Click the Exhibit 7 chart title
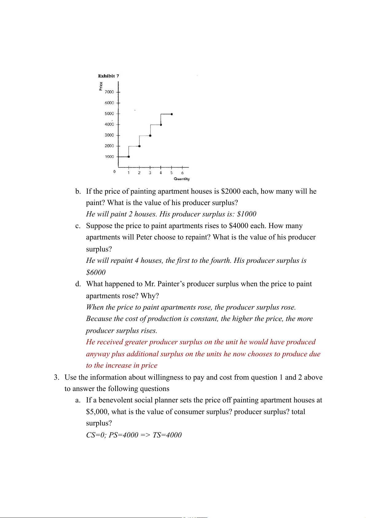(x=108, y=76)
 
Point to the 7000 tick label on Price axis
(x=109, y=92)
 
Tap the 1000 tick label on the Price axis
(x=109, y=157)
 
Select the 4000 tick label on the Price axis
(x=109, y=125)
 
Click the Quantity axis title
(x=182, y=179)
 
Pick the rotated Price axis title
(x=101, y=86)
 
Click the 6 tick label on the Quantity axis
(x=182, y=173)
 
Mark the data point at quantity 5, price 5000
(x=171, y=114)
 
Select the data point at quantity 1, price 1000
(x=129, y=157)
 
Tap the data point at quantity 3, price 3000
(x=150, y=135)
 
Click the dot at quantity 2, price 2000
(x=140, y=146)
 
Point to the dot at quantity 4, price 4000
(x=161, y=125)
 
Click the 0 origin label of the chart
(x=115, y=172)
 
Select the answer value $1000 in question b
(x=246, y=214)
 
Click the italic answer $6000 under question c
(x=96, y=272)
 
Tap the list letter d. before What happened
(x=78, y=284)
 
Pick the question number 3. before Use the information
(x=57, y=378)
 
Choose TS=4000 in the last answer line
(x=167, y=435)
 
